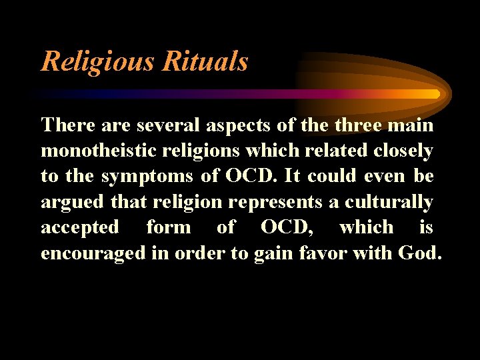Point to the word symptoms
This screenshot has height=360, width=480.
coord(141,176)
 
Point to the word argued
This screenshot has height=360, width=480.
coord(72,201)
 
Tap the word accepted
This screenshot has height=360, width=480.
coord(80,227)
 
